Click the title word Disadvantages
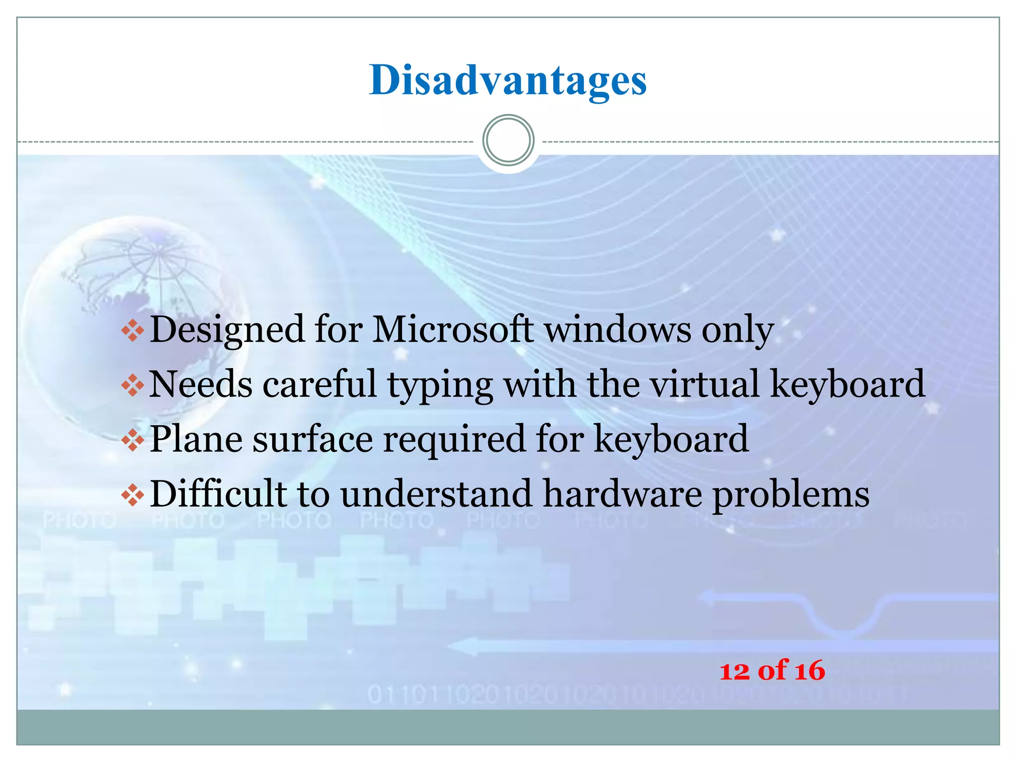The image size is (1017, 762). (508, 80)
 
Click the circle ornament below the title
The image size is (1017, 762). (508, 140)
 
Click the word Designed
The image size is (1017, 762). (227, 330)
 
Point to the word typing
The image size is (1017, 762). (440, 385)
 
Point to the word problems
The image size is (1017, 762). (791, 495)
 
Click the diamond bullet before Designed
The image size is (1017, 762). (133, 330)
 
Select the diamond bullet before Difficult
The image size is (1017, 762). (133, 495)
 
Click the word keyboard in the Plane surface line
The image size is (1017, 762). (671, 439)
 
